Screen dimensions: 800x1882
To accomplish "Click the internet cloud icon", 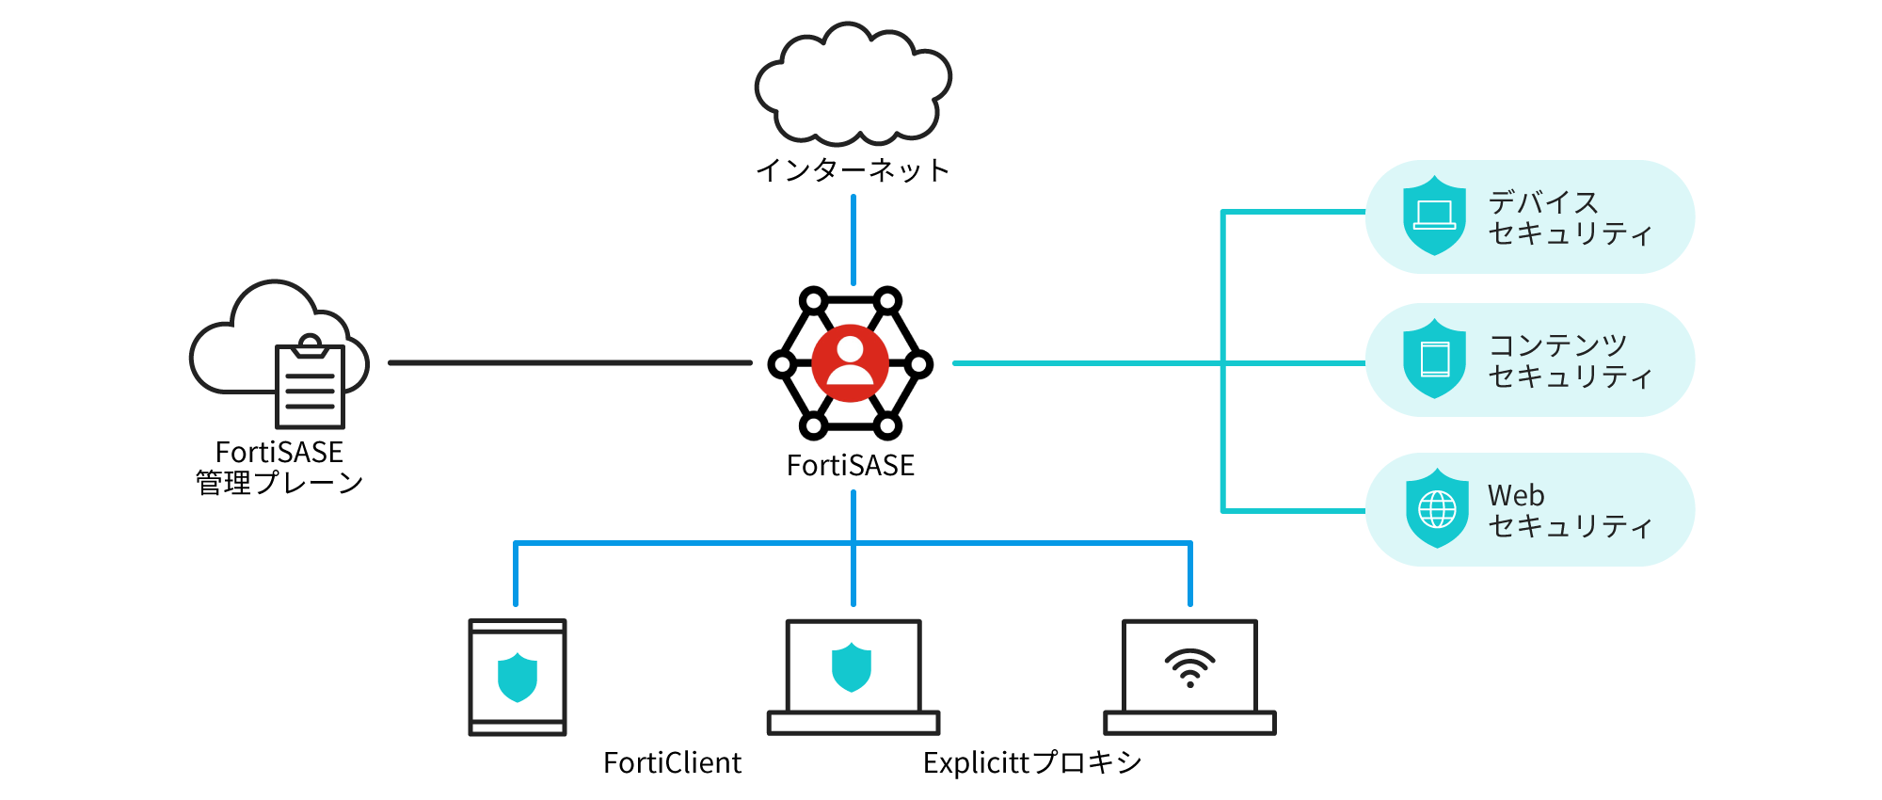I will point(853,85).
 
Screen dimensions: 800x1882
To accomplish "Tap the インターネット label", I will point(853,170).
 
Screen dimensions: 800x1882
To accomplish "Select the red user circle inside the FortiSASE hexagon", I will point(850,363).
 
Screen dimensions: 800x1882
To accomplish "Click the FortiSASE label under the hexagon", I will point(850,466).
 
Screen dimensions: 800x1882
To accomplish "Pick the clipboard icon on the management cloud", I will point(310,383).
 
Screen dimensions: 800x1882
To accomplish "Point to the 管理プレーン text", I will point(279,483).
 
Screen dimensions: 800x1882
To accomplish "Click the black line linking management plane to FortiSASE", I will point(569,362).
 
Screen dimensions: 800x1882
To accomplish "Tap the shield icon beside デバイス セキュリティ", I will point(1434,216).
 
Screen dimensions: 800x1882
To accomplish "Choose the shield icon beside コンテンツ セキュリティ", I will point(1434,359).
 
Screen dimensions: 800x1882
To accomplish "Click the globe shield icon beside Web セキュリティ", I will point(1437,509).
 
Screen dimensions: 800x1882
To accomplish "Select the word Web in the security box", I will point(1516,495).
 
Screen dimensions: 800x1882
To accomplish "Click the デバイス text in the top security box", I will point(1543,202).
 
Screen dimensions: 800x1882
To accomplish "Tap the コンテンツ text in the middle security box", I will point(1557,345).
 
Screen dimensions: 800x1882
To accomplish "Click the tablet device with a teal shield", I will point(518,677).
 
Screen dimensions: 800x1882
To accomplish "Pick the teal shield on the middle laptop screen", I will point(852,667).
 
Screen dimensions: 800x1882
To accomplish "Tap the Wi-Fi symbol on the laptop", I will point(1190,667).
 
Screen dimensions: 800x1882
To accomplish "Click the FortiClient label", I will point(672,762).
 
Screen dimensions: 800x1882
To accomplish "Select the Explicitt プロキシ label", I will point(1032,762).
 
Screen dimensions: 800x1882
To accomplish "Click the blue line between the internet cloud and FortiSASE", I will point(853,240).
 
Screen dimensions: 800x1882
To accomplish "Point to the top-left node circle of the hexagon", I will point(813,301).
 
